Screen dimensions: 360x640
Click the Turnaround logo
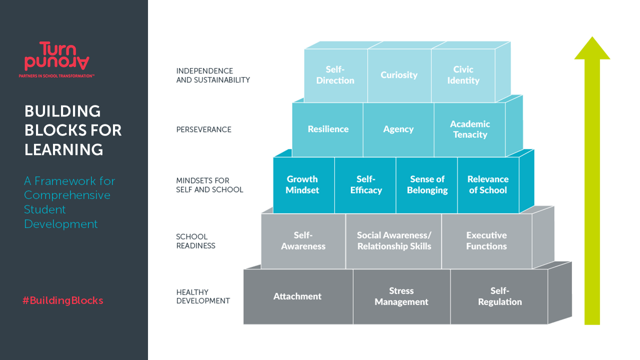57,57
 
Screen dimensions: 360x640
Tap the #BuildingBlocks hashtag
62,300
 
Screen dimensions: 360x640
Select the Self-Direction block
335,75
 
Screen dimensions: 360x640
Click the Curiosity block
399,75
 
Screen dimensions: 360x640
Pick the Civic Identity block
463,75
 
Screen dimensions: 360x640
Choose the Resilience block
328,129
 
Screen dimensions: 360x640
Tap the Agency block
398,129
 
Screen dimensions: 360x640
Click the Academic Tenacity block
470,129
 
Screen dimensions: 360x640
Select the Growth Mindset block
302,184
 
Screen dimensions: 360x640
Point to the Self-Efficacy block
366,184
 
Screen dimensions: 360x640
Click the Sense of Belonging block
427,184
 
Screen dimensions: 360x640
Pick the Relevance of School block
488,184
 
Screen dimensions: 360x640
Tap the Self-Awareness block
303,240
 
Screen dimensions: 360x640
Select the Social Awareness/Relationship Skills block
394,240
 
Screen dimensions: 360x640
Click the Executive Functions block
486,240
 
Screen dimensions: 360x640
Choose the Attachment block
297,296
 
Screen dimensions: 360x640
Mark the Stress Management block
401,296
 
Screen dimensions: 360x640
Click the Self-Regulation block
499,296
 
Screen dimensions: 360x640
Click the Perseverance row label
204,129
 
